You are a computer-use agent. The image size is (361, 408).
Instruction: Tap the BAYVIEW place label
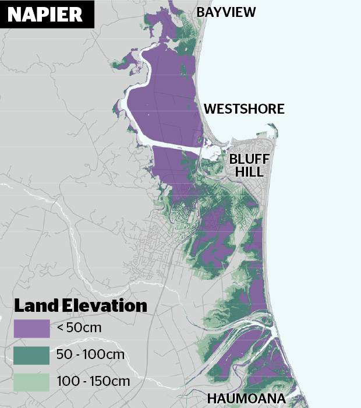226,12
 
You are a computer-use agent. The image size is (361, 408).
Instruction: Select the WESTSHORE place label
244,109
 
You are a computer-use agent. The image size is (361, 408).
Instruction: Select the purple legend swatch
31,328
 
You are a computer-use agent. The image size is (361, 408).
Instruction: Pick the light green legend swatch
31,382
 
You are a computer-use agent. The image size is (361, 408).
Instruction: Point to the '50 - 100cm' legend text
90,354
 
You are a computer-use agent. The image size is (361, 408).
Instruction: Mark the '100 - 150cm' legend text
93,382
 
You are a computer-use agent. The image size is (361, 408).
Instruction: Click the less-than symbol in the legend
60,328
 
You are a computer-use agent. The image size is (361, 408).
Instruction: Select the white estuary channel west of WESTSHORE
169,140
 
